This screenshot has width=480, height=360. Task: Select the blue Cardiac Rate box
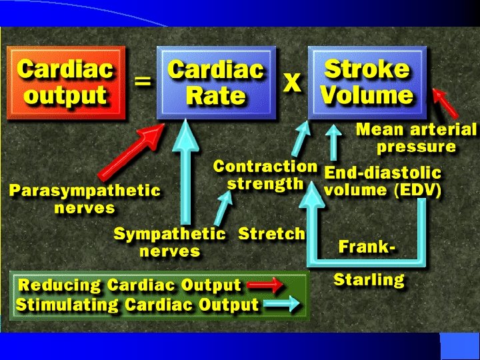(x=216, y=83)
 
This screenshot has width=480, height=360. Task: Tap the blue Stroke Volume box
(x=367, y=83)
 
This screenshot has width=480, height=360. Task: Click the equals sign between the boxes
(x=142, y=82)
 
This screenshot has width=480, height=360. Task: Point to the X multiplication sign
(x=292, y=83)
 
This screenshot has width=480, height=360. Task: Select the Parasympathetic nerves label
(x=85, y=199)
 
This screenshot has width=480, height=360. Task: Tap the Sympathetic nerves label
(x=169, y=243)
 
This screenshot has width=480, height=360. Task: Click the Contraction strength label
(x=265, y=175)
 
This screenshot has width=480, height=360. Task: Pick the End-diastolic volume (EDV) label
(x=383, y=181)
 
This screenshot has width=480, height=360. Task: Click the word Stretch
(x=271, y=234)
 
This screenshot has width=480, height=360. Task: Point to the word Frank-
(x=367, y=247)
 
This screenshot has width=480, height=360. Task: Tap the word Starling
(x=369, y=279)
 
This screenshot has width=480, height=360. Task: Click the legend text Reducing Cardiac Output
(x=129, y=286)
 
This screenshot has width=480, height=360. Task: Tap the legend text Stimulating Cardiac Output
(x=137, y=306)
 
